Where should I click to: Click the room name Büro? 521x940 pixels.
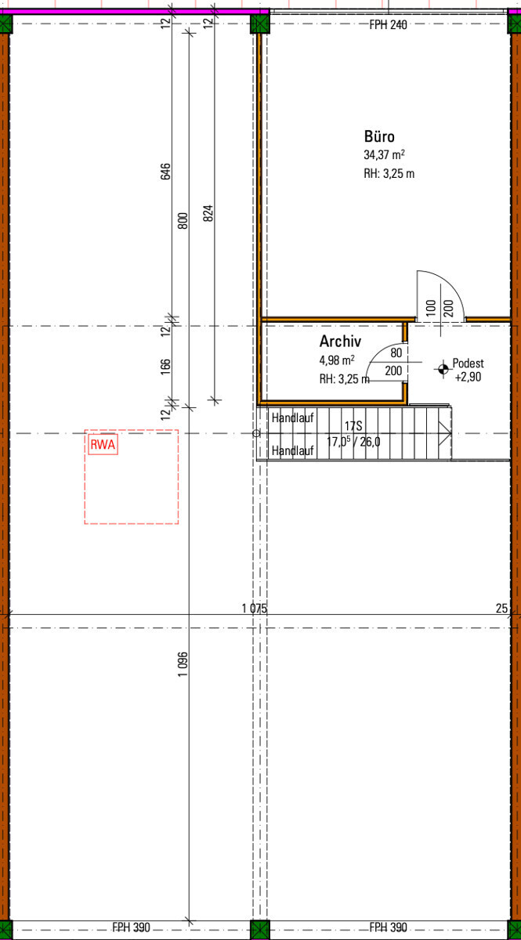(379, 136)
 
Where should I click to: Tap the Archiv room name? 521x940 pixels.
(340, 342)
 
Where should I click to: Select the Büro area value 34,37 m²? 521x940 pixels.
(384, 154)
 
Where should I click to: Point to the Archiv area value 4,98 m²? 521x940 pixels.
(337, 360)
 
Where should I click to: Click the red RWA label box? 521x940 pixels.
(103, 445)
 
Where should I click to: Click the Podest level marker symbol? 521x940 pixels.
(443, 369)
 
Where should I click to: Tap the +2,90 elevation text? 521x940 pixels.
(468, 377)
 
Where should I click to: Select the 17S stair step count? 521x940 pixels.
(353, 426)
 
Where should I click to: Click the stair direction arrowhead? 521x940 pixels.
(444, 433)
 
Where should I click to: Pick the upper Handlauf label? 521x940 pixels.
(292, 418)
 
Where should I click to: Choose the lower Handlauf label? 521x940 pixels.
(292, 450)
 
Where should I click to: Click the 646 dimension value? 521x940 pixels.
(166, 172)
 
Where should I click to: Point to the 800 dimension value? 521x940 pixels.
(183, 221)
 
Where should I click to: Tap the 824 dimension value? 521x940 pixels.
(208, 213)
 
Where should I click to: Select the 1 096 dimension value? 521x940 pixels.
(183, 664)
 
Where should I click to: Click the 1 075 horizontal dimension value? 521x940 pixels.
(254, 608)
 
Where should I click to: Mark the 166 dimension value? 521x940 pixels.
(166, 367)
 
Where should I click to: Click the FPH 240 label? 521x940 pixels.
(388, 25)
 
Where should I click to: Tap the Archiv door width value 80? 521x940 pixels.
(396, 353)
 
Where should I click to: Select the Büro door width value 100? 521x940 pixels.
(431, 308)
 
